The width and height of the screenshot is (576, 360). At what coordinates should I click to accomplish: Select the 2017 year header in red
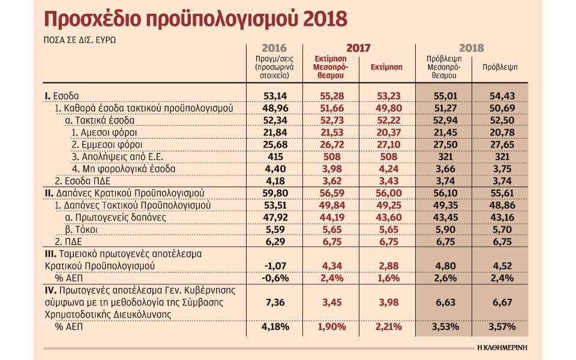click(x=358, y=49)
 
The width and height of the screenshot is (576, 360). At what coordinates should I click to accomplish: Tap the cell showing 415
click(x=275, y=157)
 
